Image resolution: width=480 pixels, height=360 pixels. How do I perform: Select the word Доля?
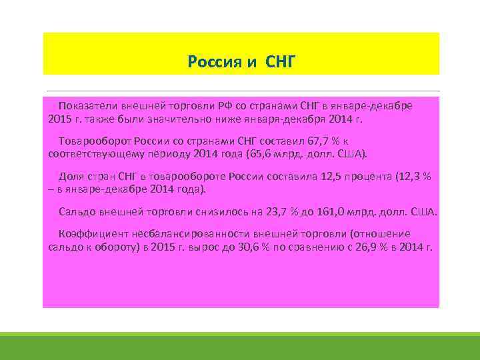71,177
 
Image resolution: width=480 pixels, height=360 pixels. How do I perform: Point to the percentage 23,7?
269,212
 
